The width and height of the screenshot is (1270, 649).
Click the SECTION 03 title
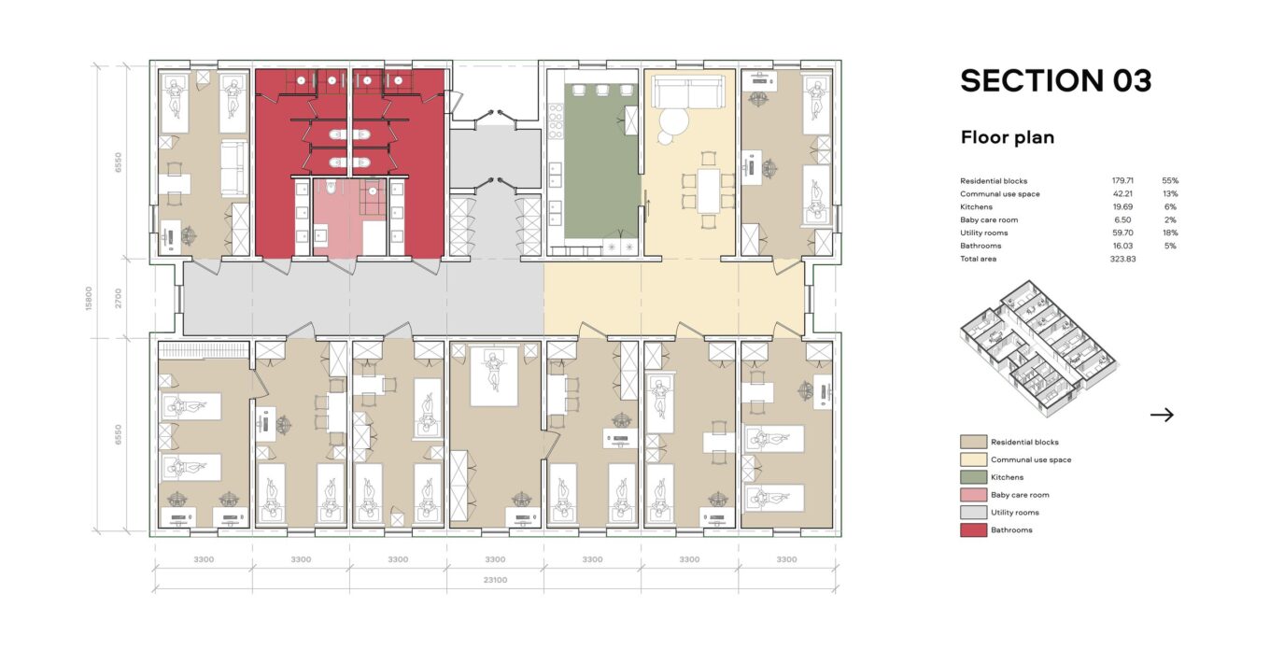(x=1055, y=80)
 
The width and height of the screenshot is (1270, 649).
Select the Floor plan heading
(x=1007, y=137)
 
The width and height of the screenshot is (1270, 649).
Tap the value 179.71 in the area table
(x=1122, y=181)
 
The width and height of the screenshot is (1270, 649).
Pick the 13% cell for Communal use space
(x=1170, y=194)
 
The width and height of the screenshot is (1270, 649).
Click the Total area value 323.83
(x=1122, y=259)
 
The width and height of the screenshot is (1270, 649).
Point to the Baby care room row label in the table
(x=989, y=220)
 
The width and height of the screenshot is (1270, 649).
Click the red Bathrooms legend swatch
(x=973, y=530)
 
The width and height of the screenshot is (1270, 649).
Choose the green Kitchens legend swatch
(x=973, y=477)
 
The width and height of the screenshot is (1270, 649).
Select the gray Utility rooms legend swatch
(x=973, y=513)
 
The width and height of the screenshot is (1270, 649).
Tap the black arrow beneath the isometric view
(x=1162, y=415)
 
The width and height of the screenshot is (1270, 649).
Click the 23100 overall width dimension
(x=495, y=580)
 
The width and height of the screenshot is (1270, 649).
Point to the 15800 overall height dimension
(x=89, y=299)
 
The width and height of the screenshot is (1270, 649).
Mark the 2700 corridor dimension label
(x=118, y=299)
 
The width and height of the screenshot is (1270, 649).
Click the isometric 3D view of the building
(x=1037, y=349)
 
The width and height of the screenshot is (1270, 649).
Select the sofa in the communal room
(x=687, y=91)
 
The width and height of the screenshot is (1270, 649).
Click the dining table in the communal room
(x=708, y=190)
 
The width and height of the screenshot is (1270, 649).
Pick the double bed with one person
(x=494, y=376)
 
